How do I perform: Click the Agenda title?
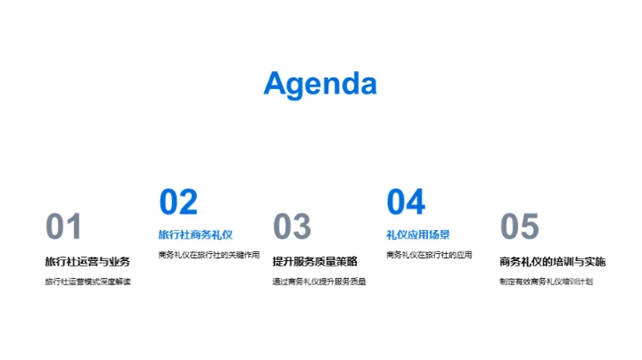click(320, 84)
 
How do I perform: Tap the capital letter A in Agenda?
click(276, 84)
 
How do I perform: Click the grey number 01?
click(63, 227)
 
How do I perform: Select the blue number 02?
click(178, 202)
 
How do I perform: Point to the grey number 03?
click(292, 227)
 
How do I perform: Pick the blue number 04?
click(406, 202)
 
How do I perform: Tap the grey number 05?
click(519, 227)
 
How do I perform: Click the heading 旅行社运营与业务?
click(87, 261)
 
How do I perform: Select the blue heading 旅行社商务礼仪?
click(195, 234)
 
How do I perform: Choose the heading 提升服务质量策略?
click(315, 261)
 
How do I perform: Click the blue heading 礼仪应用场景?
click(417, 234)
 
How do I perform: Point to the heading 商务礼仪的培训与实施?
click(552, 261)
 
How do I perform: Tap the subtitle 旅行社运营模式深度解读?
click(87, 282)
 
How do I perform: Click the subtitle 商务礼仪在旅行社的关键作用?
click(209, 255)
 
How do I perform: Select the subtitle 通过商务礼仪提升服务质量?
click(319, 282)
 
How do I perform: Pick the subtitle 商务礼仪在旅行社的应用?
click(429, 255)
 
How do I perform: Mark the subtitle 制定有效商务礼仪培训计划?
click(546, 282)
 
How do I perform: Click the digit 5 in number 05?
click(530, 227)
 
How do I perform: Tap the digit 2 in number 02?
click(188, 202)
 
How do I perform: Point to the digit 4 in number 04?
click(416, 202)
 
